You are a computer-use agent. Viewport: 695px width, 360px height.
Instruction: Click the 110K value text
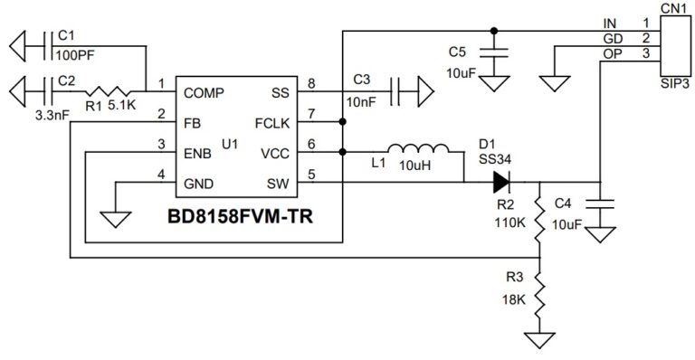(x=509, y=222)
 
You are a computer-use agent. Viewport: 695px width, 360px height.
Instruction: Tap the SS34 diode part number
(x=495, y=157)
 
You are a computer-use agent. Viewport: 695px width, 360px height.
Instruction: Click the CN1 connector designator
(x=673, y=8)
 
